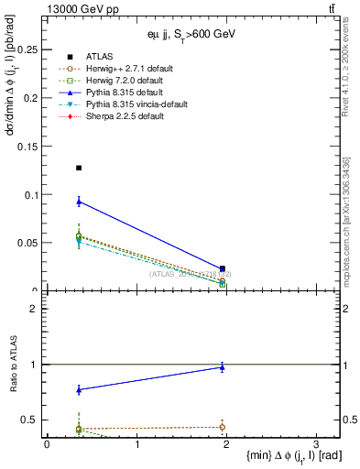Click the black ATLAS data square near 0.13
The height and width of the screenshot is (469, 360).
79,168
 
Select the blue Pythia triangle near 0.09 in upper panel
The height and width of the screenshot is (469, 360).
79,202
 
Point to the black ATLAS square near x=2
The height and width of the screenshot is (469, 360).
223,269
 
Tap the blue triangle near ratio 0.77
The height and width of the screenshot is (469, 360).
79,389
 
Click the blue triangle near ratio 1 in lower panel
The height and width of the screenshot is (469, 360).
223,367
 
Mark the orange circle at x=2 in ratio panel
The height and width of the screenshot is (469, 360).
223,426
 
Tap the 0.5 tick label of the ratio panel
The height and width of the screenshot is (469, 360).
32,420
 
